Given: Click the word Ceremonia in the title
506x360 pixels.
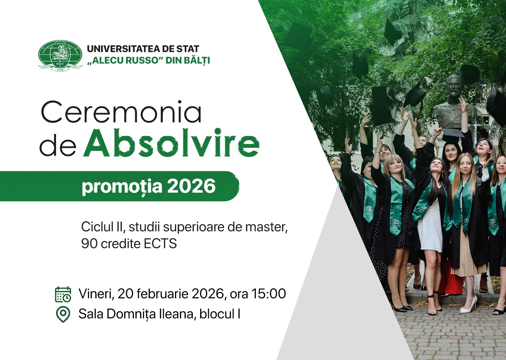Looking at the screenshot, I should pyautogui.click(x=121, y=113).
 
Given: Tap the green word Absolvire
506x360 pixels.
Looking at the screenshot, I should pyautogui.click(x=171, y=143).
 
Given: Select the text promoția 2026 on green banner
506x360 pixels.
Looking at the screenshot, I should pyautogui.click(x=149, y=186).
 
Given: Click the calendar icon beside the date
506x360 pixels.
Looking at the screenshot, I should pyautogui.click(x=63, y=294).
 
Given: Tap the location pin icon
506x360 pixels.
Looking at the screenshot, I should pyautogui.click(x=63, y=314).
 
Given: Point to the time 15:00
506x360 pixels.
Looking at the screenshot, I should pyautogui.click(x=269, y=294).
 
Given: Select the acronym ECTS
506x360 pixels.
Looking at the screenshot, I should pyautogui.click(x=160, y=244).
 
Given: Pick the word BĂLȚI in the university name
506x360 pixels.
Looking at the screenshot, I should pyautogui.click(x=197, y=61).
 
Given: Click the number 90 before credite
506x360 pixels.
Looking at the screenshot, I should pyautogui.click(x=89, y=244).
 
